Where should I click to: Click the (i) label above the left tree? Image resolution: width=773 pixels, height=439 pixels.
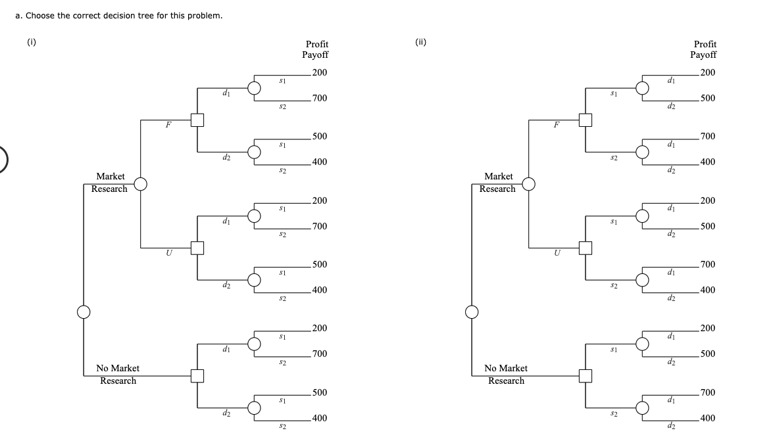click(31, 43)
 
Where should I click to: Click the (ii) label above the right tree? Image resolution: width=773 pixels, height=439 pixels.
click(421, 43)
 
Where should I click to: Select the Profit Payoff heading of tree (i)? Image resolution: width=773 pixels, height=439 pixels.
click(315, 49)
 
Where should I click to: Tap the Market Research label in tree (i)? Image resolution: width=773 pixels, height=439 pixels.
click(111, 183)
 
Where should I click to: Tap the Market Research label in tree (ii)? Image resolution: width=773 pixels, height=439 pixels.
click(499, 183)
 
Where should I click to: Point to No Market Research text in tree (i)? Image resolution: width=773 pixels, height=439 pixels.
click(118, 375)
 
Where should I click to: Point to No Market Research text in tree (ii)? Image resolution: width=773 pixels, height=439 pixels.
click(506, 375)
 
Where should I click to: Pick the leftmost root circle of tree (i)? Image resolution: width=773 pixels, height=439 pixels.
click(84, 312)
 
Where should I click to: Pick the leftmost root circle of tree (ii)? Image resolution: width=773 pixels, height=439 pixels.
click(472, 312)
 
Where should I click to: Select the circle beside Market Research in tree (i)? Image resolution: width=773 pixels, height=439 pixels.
click(140, 183)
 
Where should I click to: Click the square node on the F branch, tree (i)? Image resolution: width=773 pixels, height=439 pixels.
click(196, 120)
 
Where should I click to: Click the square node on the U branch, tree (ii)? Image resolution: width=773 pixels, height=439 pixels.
click(584, 248)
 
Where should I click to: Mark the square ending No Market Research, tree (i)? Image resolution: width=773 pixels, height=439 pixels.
click(196, 376)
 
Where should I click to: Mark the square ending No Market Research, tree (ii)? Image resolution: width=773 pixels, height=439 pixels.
click(584, 376)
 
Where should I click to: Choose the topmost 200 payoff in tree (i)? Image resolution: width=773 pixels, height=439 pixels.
click(320, 72)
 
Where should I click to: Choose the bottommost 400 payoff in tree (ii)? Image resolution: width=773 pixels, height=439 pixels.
click(708, 418)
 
